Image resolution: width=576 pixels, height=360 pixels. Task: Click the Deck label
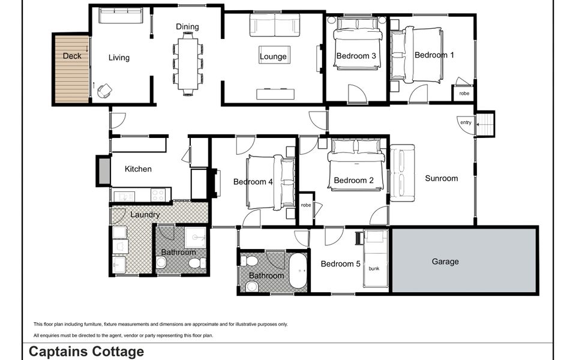coord(71,56)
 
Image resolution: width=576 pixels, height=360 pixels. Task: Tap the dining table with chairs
coord(188,64)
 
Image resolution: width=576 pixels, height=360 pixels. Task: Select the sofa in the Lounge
coord(274,25)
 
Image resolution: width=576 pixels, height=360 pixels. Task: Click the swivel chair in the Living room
coord(104,90)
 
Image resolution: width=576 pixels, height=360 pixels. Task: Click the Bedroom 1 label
coord(434,55)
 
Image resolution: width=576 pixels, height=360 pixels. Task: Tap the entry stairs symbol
coord(485,124)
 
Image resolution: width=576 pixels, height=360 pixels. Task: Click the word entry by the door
coord(466,122)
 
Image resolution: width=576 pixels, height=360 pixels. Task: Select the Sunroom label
coord(441,178)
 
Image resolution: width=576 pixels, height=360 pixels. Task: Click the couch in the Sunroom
coord(402,173)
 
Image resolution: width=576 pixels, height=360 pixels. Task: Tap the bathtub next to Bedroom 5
coord(298,272)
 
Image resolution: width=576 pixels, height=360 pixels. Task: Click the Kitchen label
coord(138,169)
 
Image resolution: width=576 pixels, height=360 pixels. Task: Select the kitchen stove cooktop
coord(158,195)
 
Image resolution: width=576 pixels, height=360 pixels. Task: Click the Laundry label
coord(145,214)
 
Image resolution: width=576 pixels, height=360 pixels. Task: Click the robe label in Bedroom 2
coord(306,205)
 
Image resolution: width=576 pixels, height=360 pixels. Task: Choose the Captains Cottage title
coord(86,352)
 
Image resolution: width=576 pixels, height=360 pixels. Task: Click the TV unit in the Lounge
coord(275,94)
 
